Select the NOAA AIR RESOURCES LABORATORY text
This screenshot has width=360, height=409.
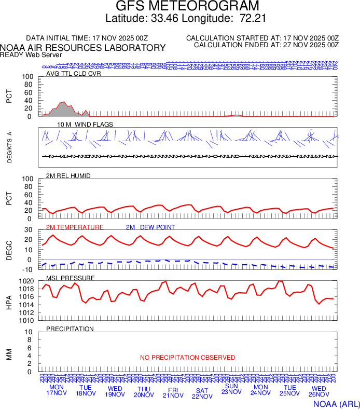83,48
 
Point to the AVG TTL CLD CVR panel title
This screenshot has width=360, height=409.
73,73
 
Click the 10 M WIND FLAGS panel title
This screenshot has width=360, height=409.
78,125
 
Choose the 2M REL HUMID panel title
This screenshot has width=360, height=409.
68,176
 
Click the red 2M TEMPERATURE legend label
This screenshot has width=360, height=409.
75,227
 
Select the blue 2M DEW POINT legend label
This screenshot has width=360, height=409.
150,227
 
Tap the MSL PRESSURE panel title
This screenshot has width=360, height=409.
71,278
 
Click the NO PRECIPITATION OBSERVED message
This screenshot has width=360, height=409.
187,358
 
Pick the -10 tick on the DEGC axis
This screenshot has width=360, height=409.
29,269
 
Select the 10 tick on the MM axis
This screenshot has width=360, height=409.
30,332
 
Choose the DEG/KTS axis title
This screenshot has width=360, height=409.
10,147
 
